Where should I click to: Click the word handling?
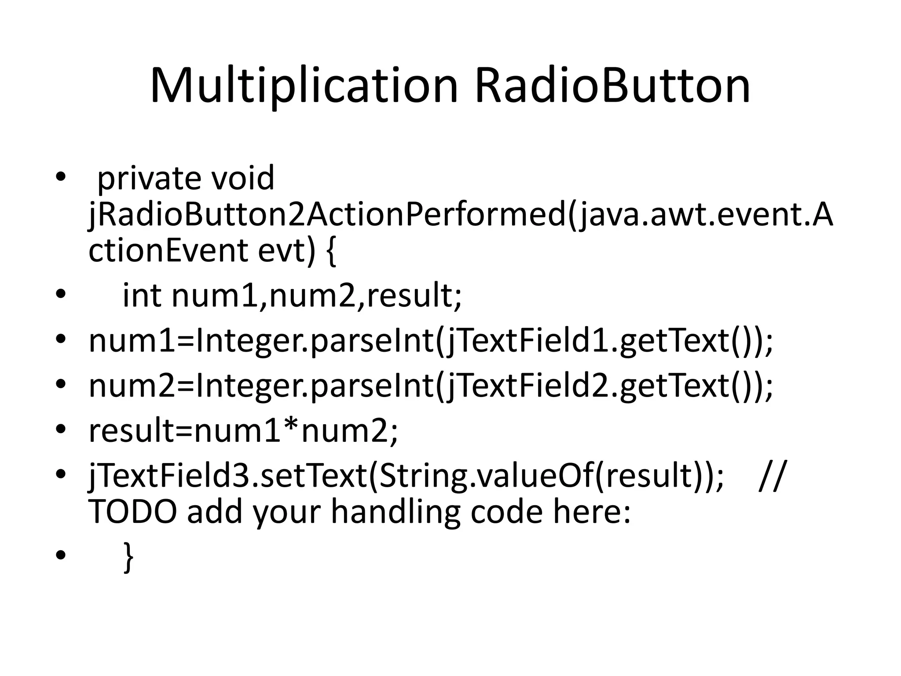395,513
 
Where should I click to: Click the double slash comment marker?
771,476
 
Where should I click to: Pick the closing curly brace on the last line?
128,557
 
